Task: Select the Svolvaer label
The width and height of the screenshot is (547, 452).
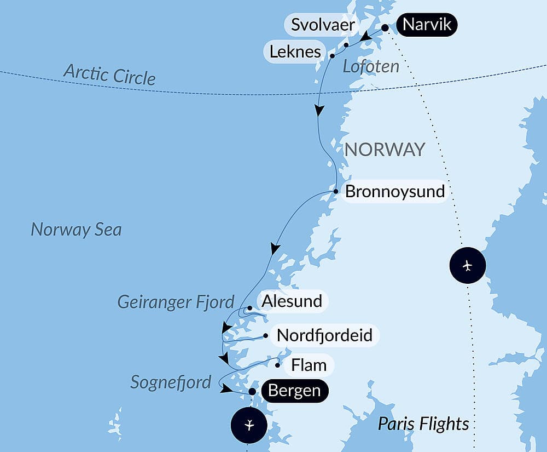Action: click(x=323, y=25)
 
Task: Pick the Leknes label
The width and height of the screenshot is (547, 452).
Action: click(x=295, y=52)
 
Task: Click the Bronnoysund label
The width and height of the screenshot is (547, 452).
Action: click(x=395, y=192)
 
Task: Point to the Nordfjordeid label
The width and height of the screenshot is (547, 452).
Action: click(x=324, y=335)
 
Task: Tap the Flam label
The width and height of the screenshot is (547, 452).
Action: click(x=309, y=365)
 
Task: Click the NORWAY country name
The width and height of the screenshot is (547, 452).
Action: click(x=385, y=149)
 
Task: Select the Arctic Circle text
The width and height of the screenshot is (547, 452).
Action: click(x=109, y=74)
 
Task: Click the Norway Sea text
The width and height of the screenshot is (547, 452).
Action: click(x=76, y=229)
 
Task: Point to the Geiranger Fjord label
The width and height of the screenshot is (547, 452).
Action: click(x=176, y=301)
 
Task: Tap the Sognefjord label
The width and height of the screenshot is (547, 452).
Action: click(x=171, y=382)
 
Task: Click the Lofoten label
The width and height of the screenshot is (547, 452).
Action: click(x=371, y=67)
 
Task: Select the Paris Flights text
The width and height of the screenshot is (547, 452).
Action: click(x=423, y=424)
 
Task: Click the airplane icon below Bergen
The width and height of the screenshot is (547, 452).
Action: click(x=249, y=425)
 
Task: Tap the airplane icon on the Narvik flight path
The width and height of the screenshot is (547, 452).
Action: click(x=467, y=266)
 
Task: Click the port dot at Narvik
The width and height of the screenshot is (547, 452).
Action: click(x=385, y=27)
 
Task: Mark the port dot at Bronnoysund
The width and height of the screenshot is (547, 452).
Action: click(x=336, y=191)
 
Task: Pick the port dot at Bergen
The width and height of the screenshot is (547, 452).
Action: click(x=252, y=392)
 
